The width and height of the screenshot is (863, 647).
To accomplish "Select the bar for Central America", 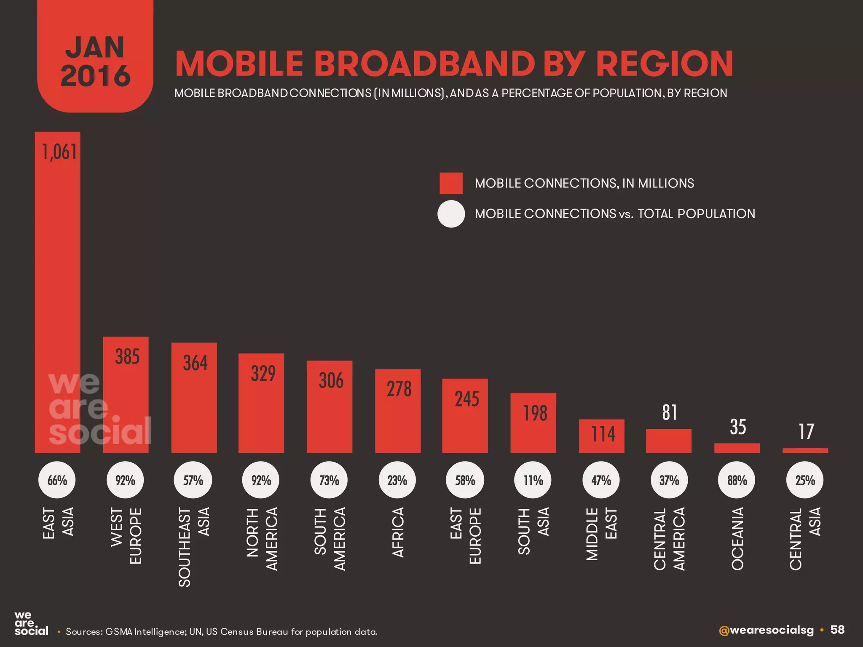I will click(668, 441).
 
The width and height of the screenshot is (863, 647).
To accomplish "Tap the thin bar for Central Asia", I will click(805, 450).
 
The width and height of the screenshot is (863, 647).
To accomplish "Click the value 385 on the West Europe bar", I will click(127, 357).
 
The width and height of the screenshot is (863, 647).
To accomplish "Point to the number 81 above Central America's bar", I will click(670, 412).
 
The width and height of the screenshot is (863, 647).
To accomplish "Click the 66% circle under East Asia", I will click(57, 480).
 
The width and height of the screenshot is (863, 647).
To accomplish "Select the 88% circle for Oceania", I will click(737, 480).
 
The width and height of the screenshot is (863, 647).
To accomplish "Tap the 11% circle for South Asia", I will click(533, 480).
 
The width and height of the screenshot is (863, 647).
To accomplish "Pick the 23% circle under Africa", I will click(397, 480).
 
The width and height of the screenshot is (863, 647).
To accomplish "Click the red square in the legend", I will click(451, 183).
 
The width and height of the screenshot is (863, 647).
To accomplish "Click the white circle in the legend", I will click(451, 214).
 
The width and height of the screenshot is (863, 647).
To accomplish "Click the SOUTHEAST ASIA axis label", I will click(194, 547).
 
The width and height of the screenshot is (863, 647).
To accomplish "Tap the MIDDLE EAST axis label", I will click(602, 533).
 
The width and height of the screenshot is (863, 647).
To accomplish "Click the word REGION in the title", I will click(665, 64).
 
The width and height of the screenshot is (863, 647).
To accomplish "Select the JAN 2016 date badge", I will click(95, 61).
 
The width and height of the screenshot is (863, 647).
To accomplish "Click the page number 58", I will click(837, 630).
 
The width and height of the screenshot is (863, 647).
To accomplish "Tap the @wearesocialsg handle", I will click(766, 630).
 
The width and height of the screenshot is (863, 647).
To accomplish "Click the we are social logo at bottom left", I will click(31, 624).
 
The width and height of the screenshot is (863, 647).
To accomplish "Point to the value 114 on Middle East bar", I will click(603, 434).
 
